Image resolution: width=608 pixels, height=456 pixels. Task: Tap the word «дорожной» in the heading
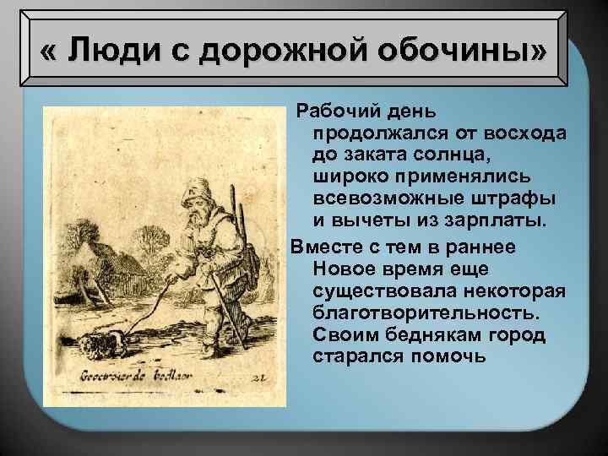(252, 52)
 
